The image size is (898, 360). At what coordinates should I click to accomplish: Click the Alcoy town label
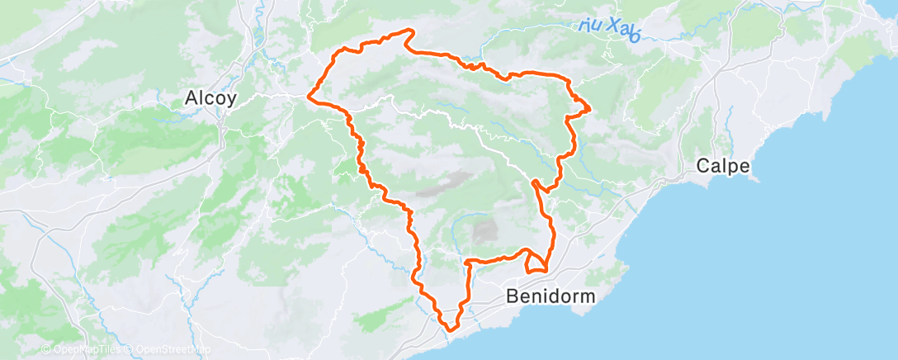click(211, 98)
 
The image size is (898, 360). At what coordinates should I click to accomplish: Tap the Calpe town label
click(723, 165)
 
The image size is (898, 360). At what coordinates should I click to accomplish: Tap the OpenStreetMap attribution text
click(170, 350)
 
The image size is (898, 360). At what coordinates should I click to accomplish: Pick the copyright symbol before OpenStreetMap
click(130, 350)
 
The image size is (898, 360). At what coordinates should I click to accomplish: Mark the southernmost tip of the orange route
click(451, 329)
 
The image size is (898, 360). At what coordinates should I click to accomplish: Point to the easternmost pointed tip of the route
click(589, 107)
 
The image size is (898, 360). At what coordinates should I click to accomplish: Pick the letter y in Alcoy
click(233, 100)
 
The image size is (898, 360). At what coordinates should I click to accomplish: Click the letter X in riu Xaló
click(612, 27)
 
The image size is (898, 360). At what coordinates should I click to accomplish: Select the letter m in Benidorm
click(585, 296)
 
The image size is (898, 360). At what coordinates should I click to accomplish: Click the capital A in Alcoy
click(191, 98)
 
